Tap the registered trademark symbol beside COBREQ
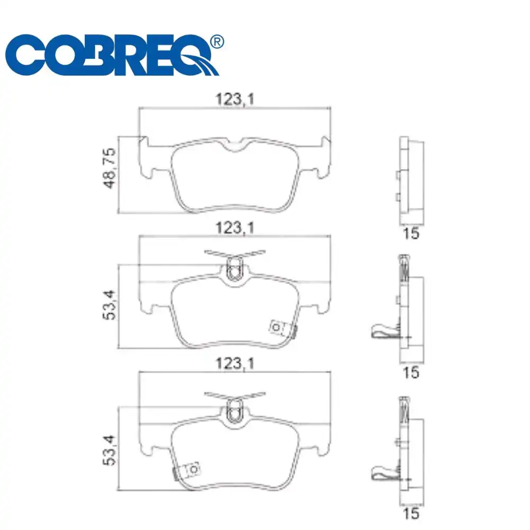pyautogui.click(x=217, y=41)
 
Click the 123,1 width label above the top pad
pyautogui.click(x=234, y=99)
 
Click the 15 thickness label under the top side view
pyautogui.click(x=411, y=233)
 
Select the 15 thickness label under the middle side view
pyautogui.click(x=411, y=372)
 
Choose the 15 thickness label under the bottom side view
pyautogui.click(x=411, y=513)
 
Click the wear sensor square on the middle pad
pyautogui.click(x=277, y=328)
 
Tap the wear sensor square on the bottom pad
pyautogui.click(x=193, y=469)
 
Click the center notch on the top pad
pyautogui.click(x=234, y=146)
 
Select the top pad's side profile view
pyautogui.click(x=411, y=180)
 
